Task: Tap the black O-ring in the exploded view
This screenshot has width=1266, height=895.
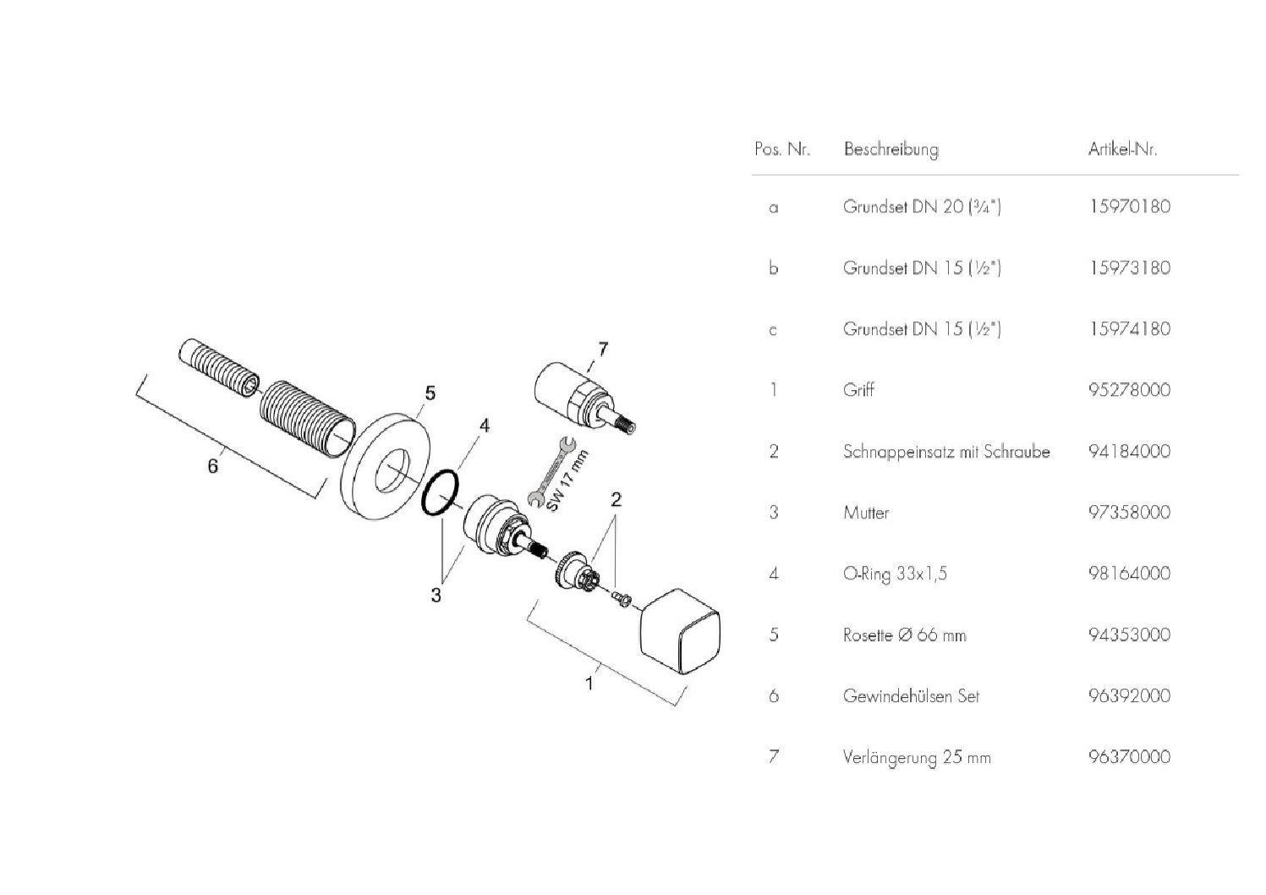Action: pyautogui.click(x=440, y=493)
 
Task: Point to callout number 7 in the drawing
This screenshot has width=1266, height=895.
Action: pyautogui.click(x=602, y=349)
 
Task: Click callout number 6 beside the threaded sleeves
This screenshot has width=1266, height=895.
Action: pyautogui.click(x=212, y=465)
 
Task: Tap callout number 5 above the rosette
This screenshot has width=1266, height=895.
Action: pyautogui.click(x=430, y=393)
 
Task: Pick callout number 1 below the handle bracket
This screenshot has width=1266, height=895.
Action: pyautogui.click(x=589, y=682)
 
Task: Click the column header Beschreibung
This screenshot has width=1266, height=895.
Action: pyautogui.click(x=891, y=150)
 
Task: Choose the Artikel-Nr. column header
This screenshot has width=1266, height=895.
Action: pyautogui.click(x=1122, y=150)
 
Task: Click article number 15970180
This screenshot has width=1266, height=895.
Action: pyautogui.click(x=1129, y=206)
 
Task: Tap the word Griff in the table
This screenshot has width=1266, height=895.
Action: pyautogui.click(x=858, y=390)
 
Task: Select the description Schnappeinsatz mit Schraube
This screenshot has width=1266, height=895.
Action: pyautogui.click(x=945, y=451)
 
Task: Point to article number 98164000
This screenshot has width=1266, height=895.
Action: pyautogui.click(x=1129, y=574)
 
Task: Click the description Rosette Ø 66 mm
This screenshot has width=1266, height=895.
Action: pyautogui.click(x=904, y=634)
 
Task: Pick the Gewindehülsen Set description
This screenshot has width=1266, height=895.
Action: pyautogui.click(x=911, y=696)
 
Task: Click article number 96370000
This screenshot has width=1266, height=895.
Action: pyautogui.click(x=1129, y=757)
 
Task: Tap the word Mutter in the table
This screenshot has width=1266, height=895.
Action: pyautogui.click(x=866, y=513)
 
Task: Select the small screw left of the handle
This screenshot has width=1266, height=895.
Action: pyautogui.click(x=622, y=598)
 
